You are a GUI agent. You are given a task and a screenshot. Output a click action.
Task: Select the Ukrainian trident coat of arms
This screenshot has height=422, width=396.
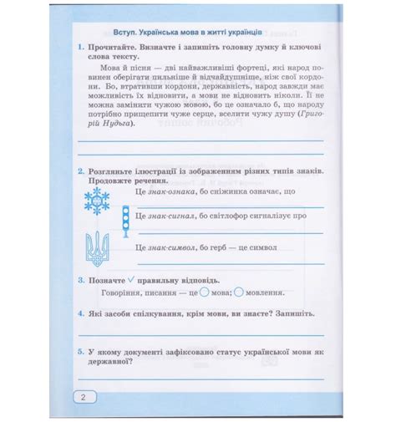98,246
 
